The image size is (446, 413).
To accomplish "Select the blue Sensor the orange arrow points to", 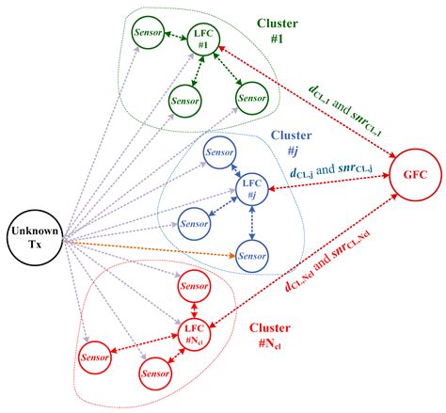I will coord(250,254).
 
